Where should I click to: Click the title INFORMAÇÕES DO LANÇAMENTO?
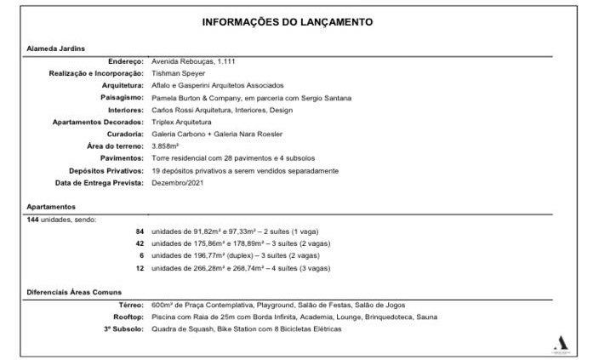(299, 21)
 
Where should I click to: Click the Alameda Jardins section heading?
(55, 49)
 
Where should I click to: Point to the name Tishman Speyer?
(178, 73)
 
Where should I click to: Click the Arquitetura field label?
(123, 85)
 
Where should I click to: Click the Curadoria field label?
(125, 134)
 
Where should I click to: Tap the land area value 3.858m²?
(164, 146)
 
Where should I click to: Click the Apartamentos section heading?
(51, 207)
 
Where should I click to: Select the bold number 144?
(34, 220)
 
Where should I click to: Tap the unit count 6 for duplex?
(141, 256)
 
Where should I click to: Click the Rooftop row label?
(128, 317)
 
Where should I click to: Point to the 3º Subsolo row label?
(123, 329)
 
